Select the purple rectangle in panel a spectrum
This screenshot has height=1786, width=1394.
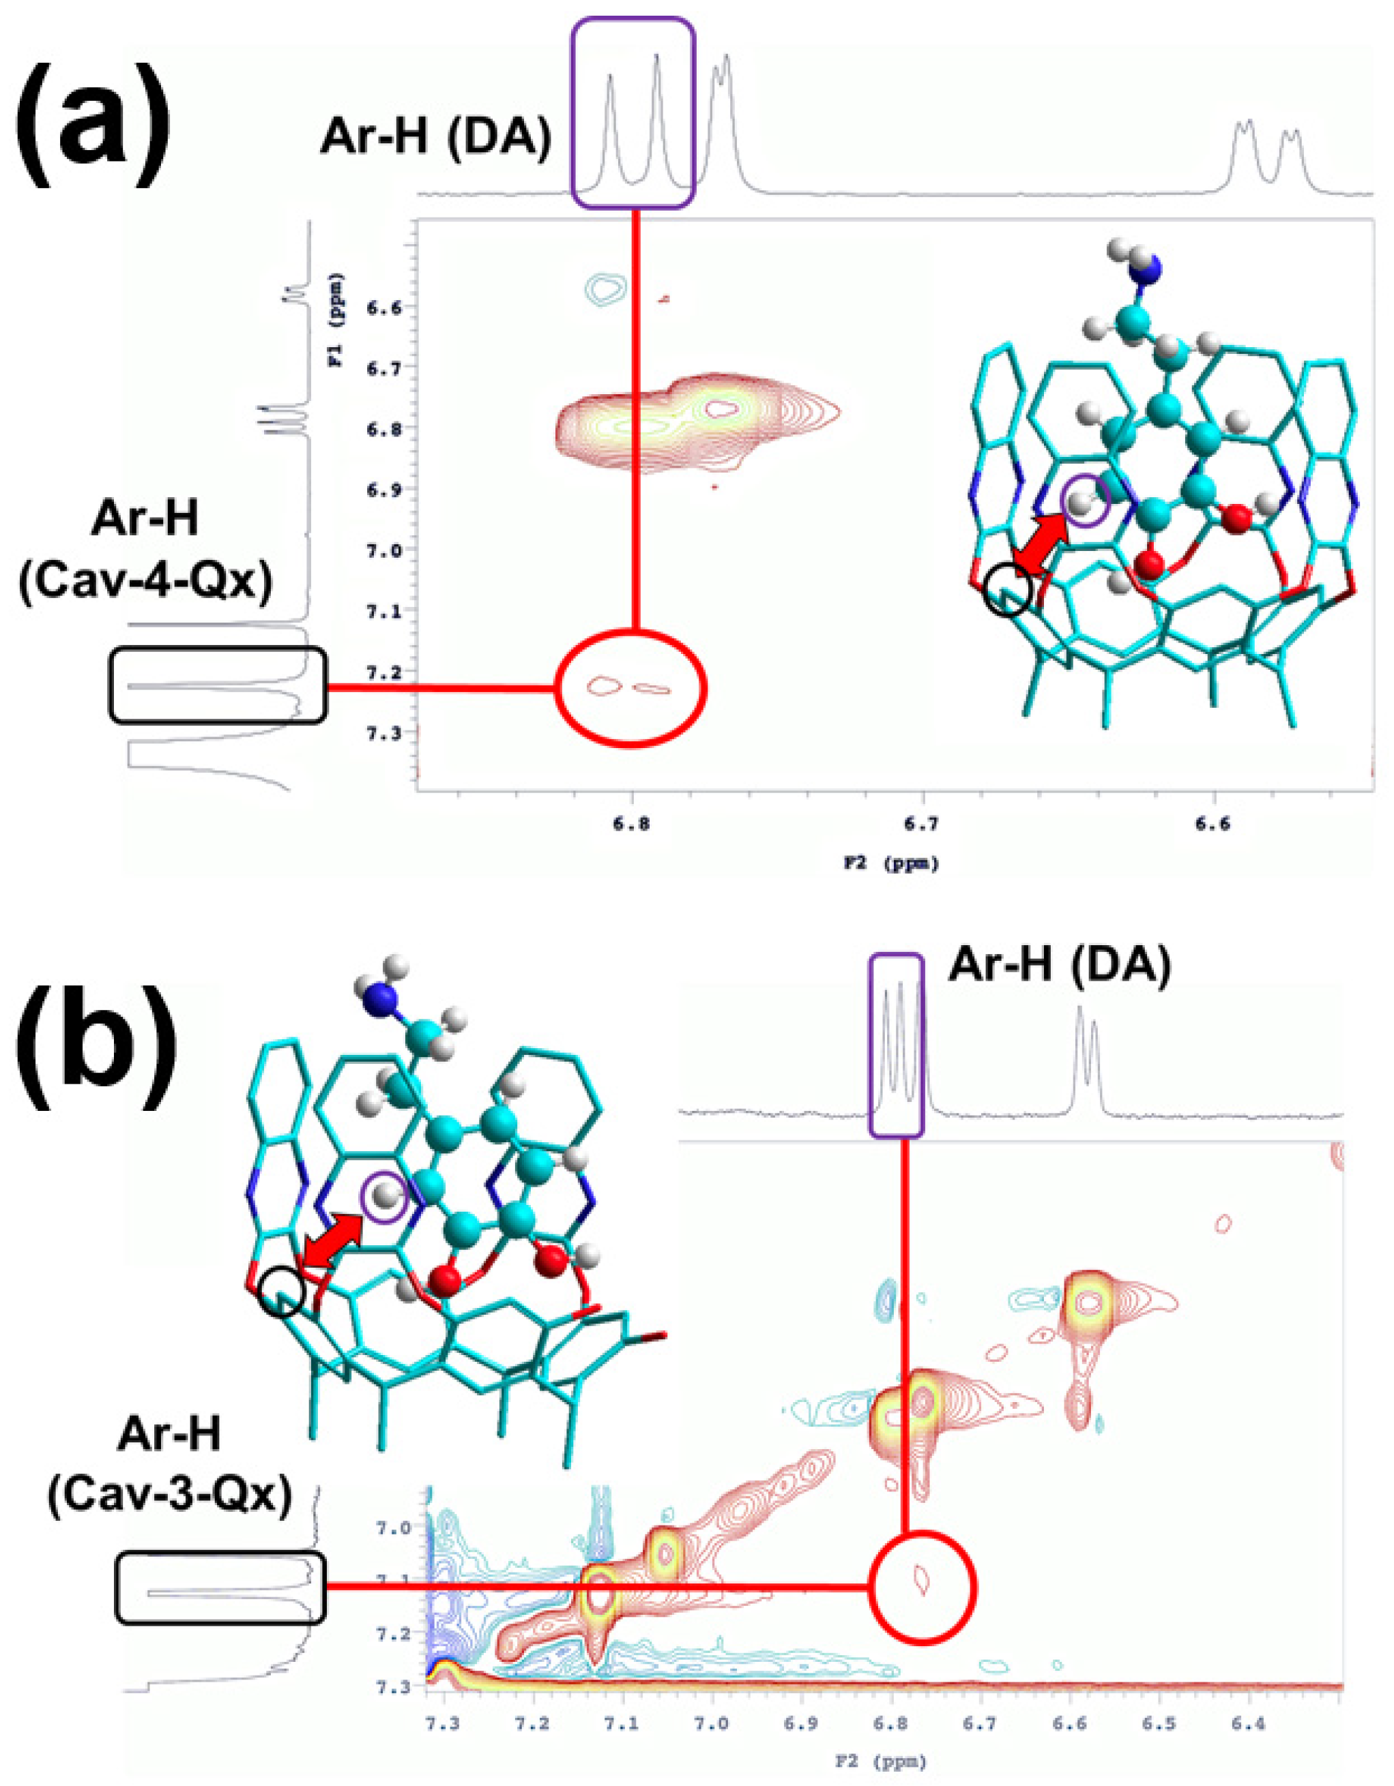pyautogui.click(x=633, y=113)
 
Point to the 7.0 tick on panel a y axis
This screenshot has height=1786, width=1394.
pyautogui.click(x=354, y=550)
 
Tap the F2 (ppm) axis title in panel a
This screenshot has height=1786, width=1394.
pyautogui.click(x=892, y=863)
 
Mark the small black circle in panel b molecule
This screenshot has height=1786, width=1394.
pyautogui.click(x=281, y=1293)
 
